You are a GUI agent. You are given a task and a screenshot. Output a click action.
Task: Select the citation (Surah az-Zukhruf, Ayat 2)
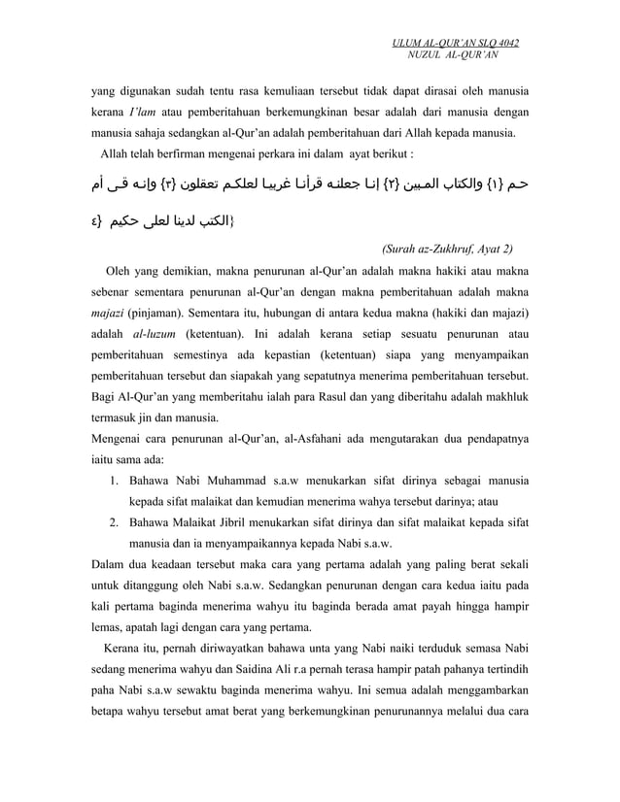pyautogui.click(x=448, y=248)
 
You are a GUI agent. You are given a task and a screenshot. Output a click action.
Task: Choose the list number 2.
pyautogui.click(x=113, y=524)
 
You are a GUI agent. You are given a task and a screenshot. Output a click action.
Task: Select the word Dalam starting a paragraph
pyautogui.click(x=108, y=565)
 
